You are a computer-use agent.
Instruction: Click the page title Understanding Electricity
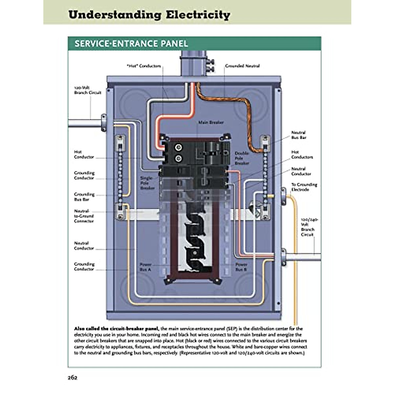(149, 15)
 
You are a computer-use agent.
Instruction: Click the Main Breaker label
(211, 122)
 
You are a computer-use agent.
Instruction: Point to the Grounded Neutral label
(242, 66)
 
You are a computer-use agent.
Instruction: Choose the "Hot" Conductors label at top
(144, 66)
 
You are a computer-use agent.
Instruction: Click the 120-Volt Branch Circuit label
(87, 90)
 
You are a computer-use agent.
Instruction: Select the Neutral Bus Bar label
(298, 135)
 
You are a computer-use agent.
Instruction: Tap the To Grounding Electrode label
(304, 187)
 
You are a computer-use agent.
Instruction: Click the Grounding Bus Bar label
(84, 197)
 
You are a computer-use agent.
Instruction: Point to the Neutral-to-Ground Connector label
(84, 216)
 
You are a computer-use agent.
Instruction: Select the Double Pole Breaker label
(242, 158)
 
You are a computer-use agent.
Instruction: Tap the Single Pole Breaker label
(147, 183)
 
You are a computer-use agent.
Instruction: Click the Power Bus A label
(145, 267)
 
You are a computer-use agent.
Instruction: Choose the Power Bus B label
(241, 267)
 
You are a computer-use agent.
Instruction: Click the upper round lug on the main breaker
(178, 147)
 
